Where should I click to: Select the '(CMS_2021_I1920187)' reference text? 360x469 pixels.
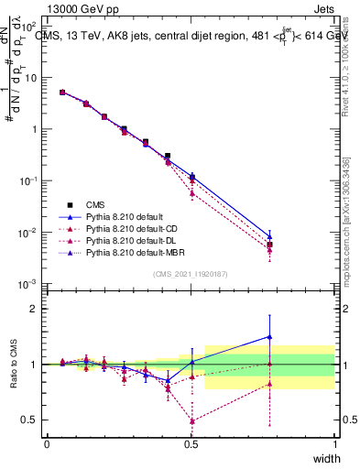coord(191,273)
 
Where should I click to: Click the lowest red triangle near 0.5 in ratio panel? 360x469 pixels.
coord(191,421)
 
